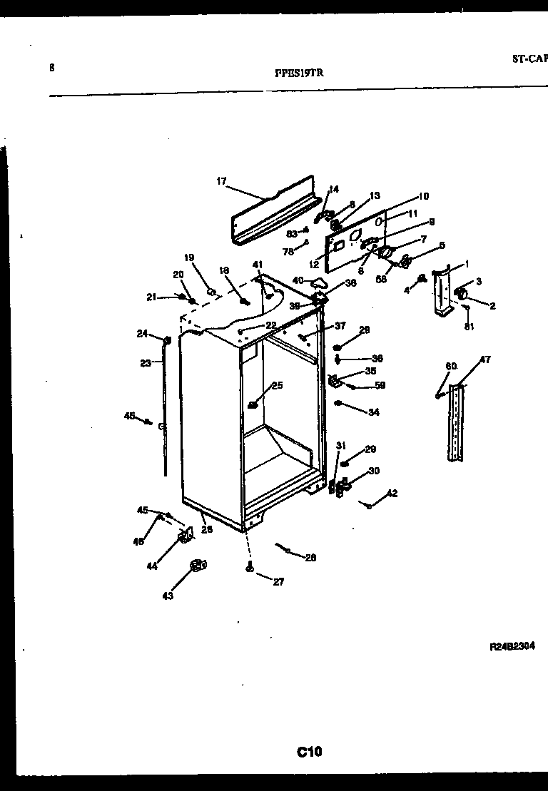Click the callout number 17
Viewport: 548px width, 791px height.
(x=221, y=181)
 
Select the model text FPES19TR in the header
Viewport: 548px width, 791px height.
(x=302, y=72)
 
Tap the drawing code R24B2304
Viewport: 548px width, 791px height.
(x=512, y=647)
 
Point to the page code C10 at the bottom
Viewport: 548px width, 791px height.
(x=310, y=750)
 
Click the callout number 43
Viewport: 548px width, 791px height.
(x=168, y=596)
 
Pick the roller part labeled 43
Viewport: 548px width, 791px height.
(x=196, y=566)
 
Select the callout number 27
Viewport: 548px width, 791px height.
(x=278, y=582)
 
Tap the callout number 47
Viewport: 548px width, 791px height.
(x=484, y=360)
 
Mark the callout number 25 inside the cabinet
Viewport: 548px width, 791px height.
(x=277, y=386)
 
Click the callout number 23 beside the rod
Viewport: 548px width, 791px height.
(x=146, y=363)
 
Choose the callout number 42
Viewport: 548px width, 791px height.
(x=392, y=494)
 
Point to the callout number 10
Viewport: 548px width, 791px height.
(x=423, y=196)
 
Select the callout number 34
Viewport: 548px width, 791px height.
(x=374, y=412)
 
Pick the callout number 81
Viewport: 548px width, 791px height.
(x=468, y=327)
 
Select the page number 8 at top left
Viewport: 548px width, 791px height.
(x=51, y=68)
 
